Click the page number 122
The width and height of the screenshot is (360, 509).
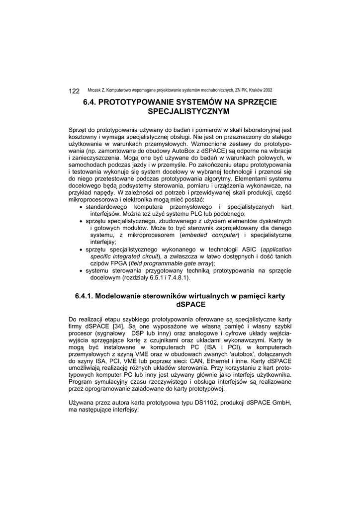click(74, 91)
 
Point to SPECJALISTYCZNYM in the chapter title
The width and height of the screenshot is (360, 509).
click(180, 112)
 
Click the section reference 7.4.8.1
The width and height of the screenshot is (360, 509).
click(177, 278)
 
